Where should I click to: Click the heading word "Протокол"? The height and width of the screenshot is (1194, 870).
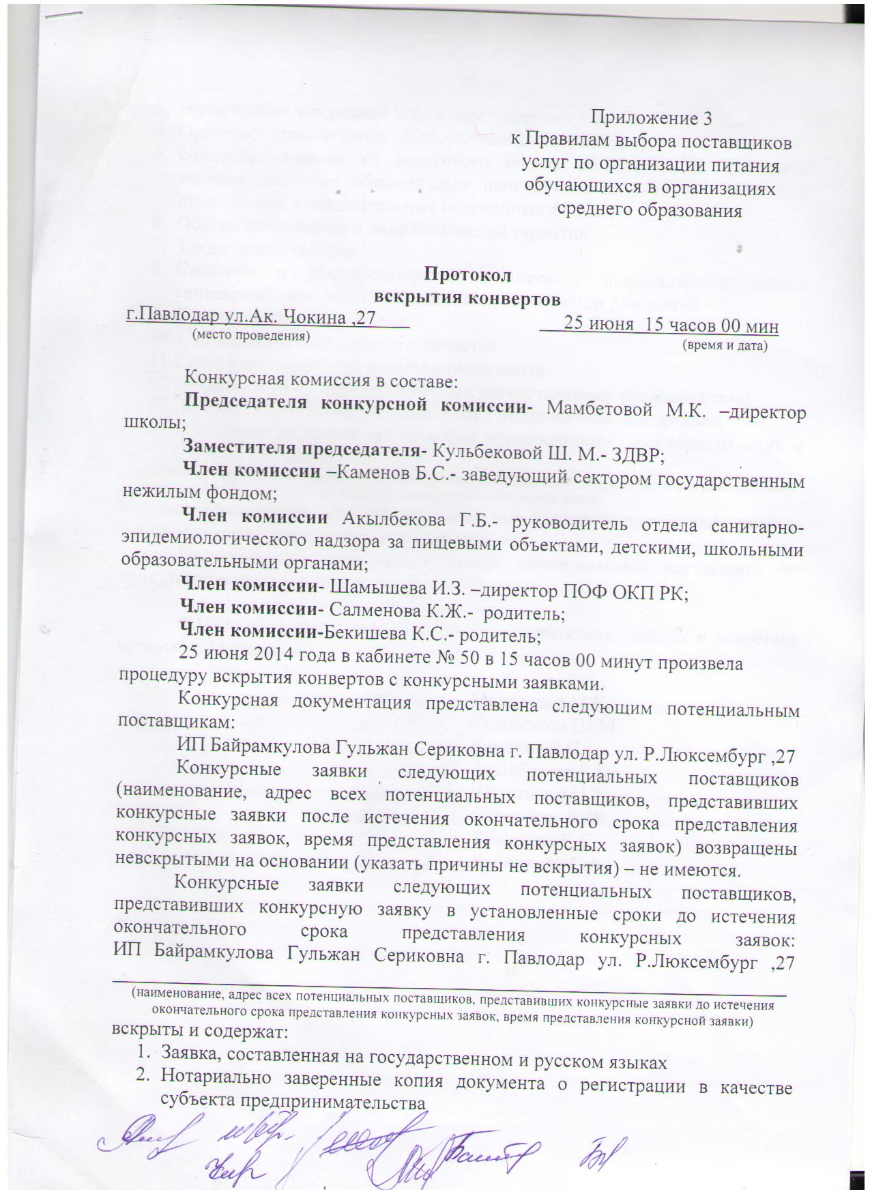(467, 276)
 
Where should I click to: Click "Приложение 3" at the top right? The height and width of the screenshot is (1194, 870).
(651, 118)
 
